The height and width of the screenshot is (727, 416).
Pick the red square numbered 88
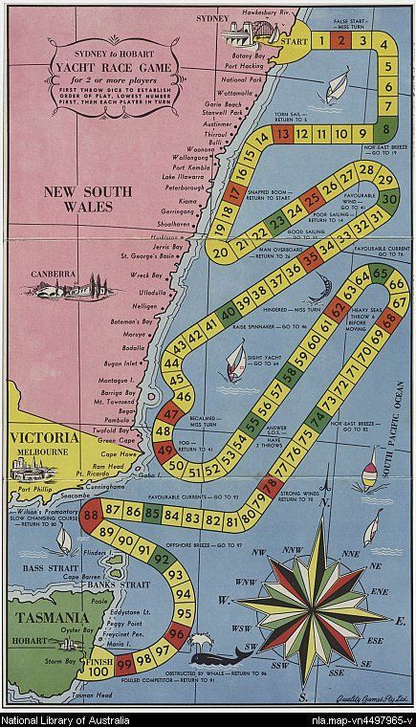93,515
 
